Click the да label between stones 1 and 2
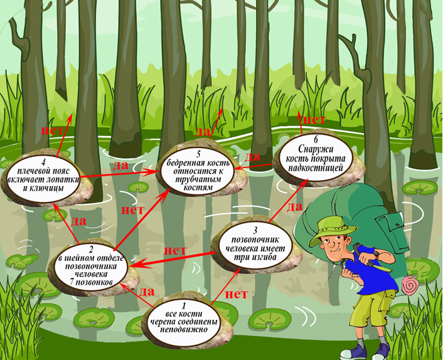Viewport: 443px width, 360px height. tap(147, 292)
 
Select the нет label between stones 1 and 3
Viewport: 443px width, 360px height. tap(235, 293)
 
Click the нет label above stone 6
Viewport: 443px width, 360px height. tap(314, 119)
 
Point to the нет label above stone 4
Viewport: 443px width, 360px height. tap(52, 130)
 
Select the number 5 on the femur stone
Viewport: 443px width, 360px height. tap(198, 154)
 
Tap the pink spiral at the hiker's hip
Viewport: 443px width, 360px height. tap(410, 286)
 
